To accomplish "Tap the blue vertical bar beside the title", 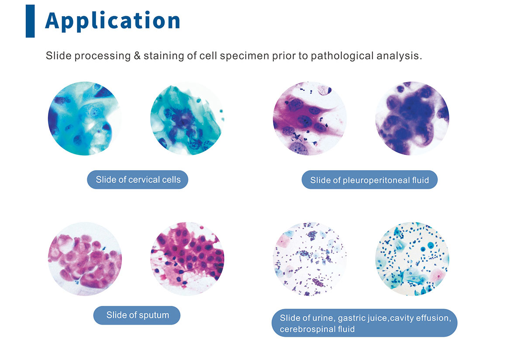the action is pos(30,21).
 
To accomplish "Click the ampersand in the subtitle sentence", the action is pos(137,56).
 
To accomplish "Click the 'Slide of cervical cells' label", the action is pos(138,179).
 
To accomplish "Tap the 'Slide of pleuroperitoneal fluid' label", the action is pos(369,180).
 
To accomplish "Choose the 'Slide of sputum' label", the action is pos(137,315).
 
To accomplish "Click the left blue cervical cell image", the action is pos(85,119).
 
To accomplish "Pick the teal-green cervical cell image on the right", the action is pos(187,119).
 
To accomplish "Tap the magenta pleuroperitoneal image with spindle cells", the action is pos(310,119).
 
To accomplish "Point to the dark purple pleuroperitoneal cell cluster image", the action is pos(412,119).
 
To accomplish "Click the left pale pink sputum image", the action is pos(85,259).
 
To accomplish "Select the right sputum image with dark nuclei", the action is pos(187,259).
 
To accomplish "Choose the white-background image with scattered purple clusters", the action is pos(310,259).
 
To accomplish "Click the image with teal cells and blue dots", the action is pos(412,259).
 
